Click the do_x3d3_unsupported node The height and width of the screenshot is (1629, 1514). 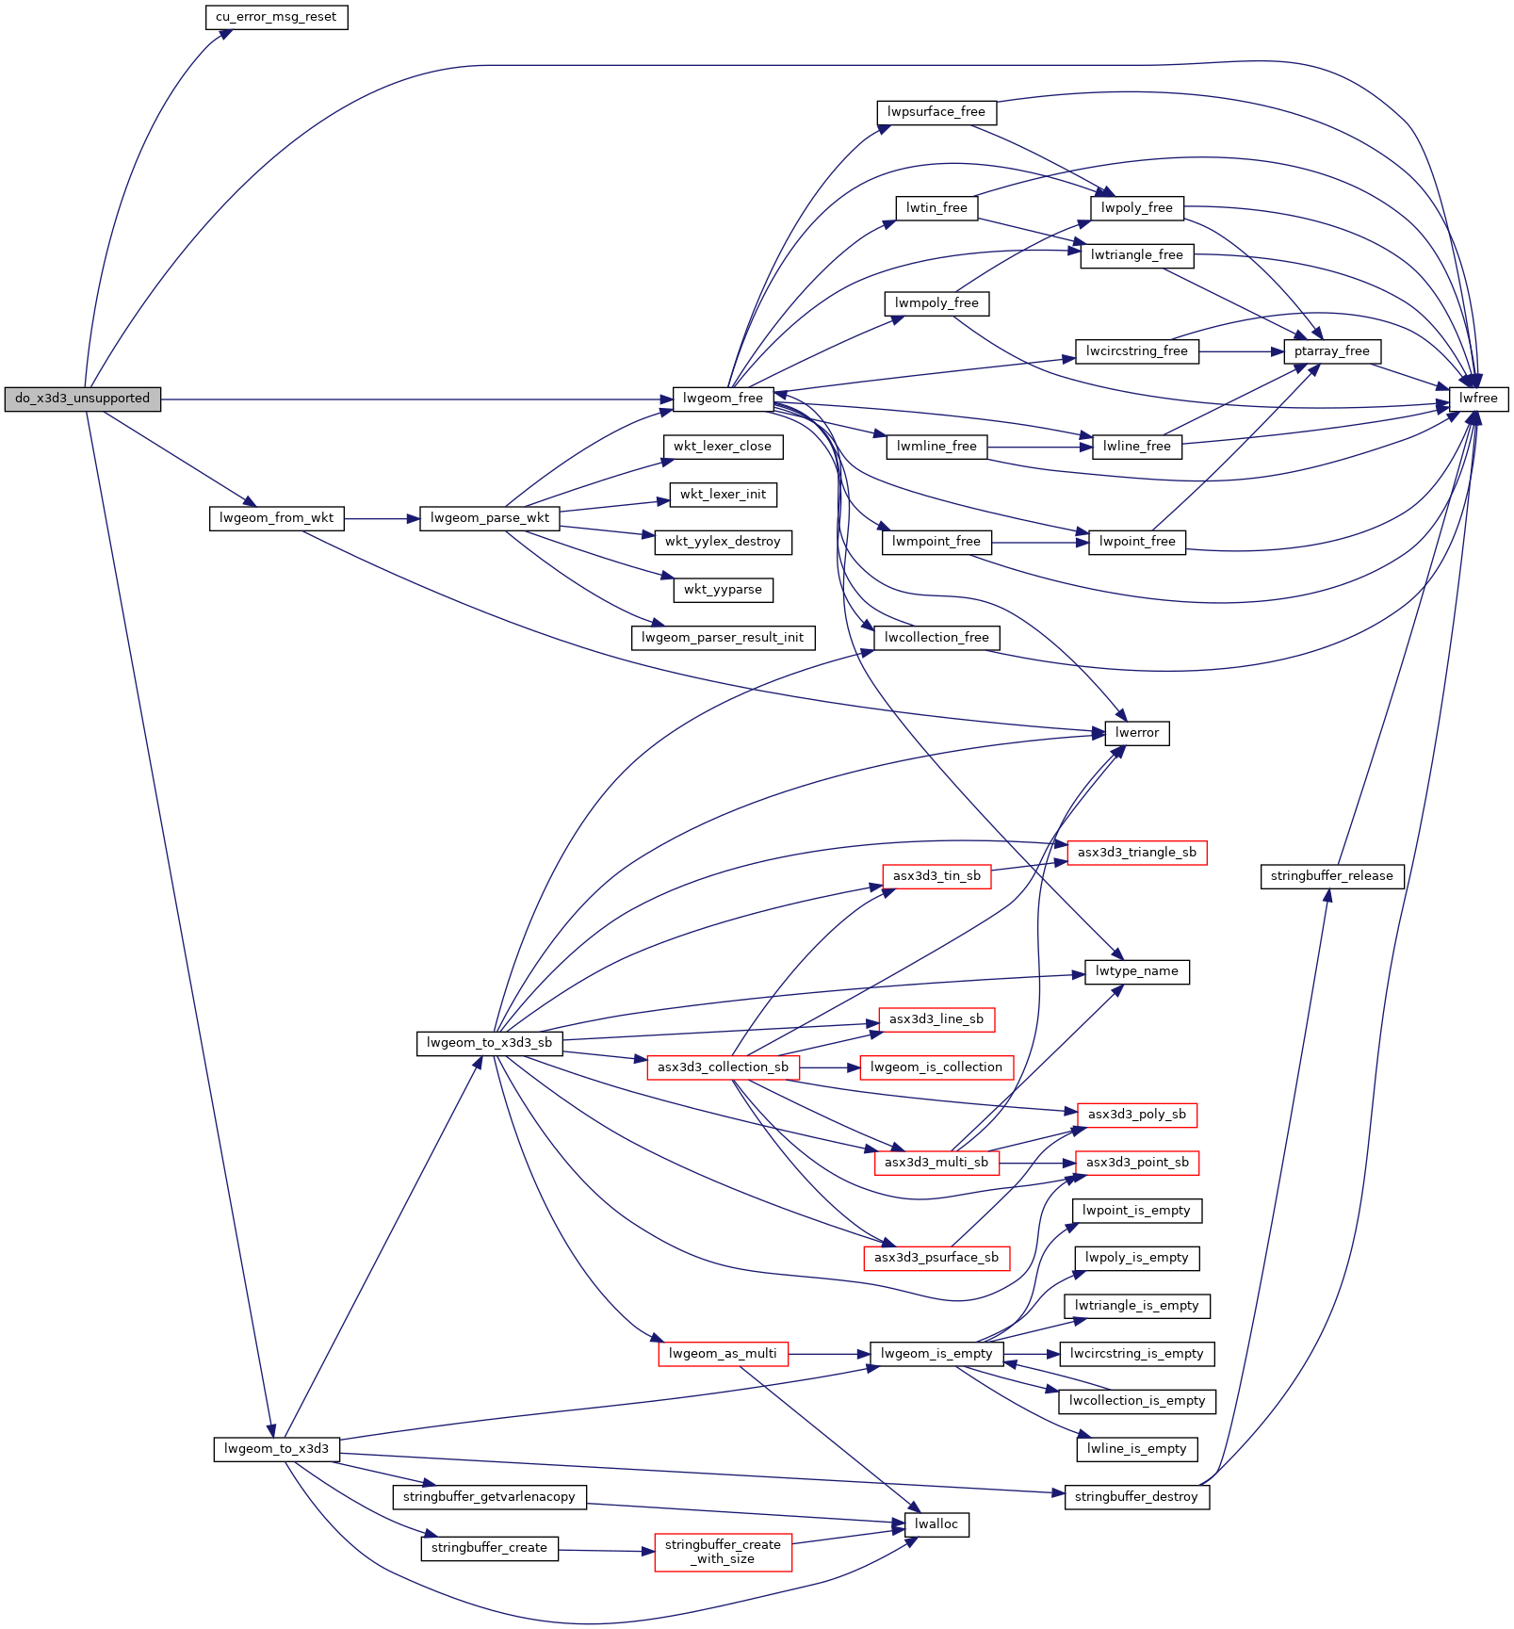point(82,399)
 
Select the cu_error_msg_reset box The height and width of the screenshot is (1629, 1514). point(276,17)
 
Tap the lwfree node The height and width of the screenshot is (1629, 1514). point(1478,399)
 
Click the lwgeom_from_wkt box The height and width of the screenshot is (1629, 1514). point(276,518)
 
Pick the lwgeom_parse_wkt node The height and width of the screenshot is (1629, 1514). point(489,518)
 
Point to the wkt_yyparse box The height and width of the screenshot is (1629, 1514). point(723,590)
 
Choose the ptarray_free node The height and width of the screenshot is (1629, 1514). point(1331,351)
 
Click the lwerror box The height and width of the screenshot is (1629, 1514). point(1136,733)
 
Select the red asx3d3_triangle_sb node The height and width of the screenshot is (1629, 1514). point(1136,853)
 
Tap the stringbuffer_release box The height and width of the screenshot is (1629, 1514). point(1331,876)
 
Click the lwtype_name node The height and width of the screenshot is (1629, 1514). point(1136,971)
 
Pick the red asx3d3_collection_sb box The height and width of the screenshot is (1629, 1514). point(723,1067)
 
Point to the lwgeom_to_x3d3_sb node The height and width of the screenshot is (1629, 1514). point(489,1043)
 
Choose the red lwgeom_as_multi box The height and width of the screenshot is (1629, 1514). point(723,1354)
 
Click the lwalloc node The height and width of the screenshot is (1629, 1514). point(936,1524)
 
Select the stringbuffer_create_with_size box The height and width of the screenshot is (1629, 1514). point(723,1552)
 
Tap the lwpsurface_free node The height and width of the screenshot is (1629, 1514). point(936,112)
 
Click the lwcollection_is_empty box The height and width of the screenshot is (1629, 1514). point(1136,1401)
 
